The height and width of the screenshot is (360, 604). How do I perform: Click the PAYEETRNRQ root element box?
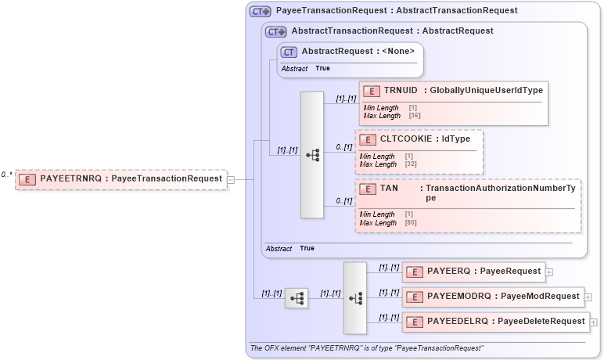point(121,178)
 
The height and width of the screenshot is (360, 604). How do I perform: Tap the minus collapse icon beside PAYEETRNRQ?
point(231,179)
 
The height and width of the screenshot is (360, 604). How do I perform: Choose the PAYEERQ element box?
point(473,272)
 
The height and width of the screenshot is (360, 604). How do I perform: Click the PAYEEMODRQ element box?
point(492,297)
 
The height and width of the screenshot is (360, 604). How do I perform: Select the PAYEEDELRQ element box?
point(494,322)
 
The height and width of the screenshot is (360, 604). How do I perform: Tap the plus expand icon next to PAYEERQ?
point(549,272)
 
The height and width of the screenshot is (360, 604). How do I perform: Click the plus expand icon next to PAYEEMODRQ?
point(588,297)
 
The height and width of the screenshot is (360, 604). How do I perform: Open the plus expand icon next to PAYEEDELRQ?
point(593,322)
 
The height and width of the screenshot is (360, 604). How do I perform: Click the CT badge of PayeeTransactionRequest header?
point(261,12)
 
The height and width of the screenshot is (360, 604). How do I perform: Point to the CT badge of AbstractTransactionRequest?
point(276,31)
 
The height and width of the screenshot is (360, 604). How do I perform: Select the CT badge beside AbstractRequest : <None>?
point(289,52)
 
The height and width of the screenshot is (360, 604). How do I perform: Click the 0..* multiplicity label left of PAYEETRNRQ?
point(7,175)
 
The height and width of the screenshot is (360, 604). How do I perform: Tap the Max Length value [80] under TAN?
point(411,223)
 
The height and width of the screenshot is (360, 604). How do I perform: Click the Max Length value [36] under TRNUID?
point(415,116)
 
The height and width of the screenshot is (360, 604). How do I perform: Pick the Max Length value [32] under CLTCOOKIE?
point(411,164)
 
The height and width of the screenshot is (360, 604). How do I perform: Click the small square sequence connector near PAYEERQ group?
point(296,298)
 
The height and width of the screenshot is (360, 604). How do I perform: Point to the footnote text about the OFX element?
point(366,347)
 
